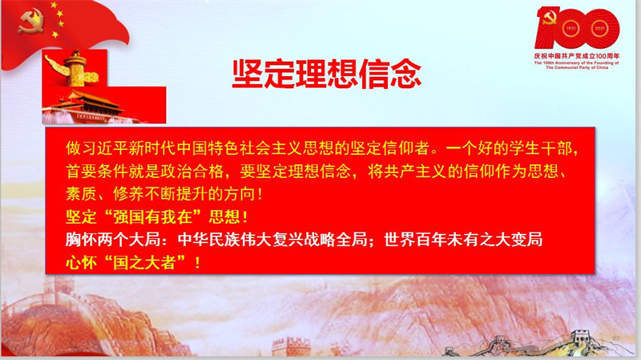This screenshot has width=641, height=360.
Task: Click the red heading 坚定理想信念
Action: [x=327, y=74]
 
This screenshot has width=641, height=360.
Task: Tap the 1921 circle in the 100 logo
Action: [x=570, y=29]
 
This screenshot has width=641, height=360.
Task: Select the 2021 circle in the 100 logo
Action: [x=599, y=29]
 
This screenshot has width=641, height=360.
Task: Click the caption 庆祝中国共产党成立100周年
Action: [x=576, y=55]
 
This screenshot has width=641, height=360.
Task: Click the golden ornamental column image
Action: [x=75, y=68]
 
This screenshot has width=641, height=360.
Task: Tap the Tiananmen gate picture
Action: [x=104, y=105]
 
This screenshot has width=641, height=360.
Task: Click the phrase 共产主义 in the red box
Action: [x=415, y=171]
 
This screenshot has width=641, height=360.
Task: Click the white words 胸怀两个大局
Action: [x=113, y=239]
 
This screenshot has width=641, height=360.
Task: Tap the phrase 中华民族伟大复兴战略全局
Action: [x=272, y=239]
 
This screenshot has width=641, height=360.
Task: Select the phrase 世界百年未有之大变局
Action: [x=463, y=239]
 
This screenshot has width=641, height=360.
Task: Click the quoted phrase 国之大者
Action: [x=144, y=262]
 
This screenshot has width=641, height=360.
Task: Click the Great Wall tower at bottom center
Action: [x=291, y=346]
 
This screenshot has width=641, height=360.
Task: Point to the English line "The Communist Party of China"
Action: [x=577, y=67]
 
